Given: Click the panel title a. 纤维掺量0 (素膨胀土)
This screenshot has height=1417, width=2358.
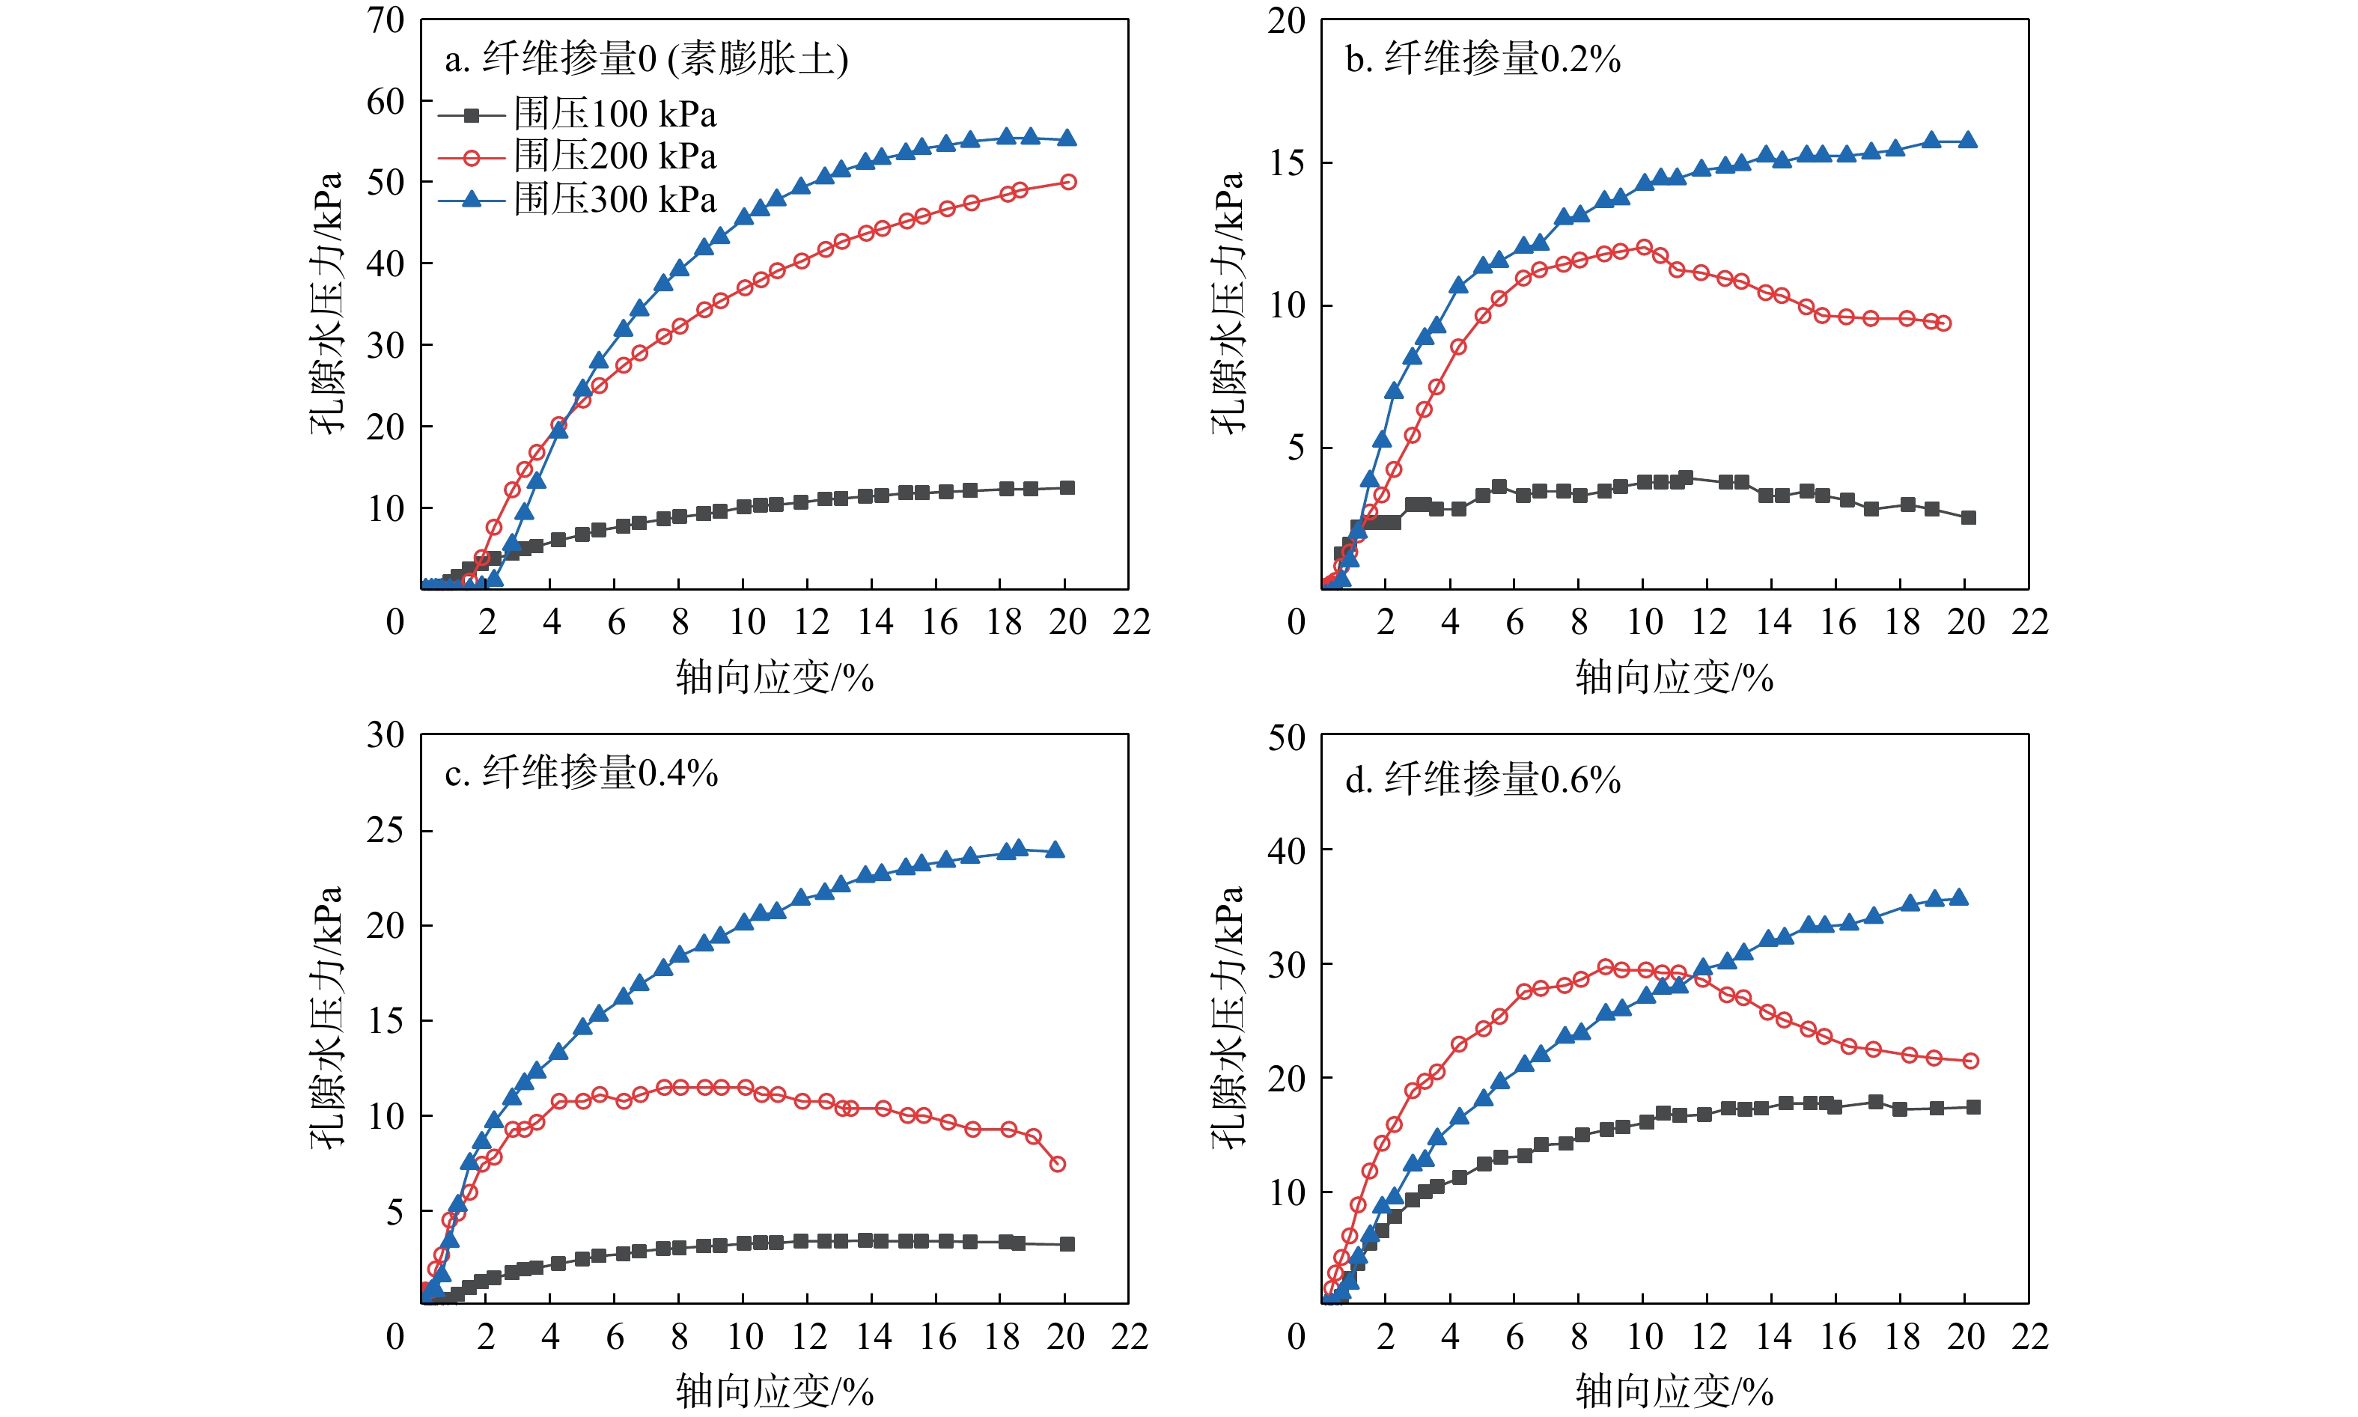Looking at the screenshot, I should click(x=646, y=59).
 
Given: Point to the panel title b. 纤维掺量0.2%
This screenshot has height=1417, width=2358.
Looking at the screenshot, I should click(x=1483, y=59).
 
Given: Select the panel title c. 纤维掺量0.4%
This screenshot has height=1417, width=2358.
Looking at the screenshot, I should click(x=582, y=773).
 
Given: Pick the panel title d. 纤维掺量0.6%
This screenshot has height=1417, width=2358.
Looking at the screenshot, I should click(x=1483, y=780).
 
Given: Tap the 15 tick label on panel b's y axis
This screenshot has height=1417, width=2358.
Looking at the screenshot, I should click(x=1286, y=162).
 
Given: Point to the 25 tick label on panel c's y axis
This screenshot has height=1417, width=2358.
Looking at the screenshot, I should click(x=386, y=830).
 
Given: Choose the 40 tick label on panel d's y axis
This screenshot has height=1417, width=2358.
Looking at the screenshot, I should click(x=1286, y=850).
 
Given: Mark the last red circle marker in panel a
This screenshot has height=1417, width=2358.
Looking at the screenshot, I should click(x=1068, y=181).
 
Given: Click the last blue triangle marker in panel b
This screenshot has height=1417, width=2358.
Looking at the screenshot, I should click(x=1967, y=141).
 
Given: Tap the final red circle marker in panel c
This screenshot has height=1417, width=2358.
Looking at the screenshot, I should click(x=1058, y=1164).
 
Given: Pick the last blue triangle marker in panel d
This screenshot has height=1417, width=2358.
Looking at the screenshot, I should click(x=1959, y=898).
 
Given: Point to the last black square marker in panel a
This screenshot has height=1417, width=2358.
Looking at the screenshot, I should click(x=1068, y=488).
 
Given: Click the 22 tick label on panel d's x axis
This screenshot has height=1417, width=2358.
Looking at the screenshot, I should click(x=2029, y=1337).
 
